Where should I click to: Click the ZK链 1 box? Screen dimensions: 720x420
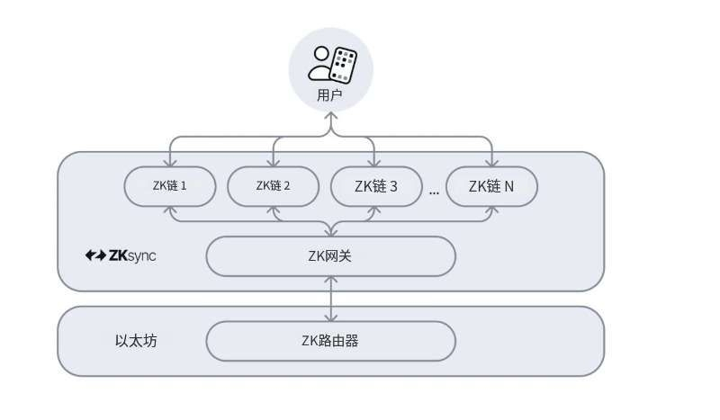click(x=170, y=186)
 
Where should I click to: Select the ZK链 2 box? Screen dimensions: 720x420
click(x=274, y=186)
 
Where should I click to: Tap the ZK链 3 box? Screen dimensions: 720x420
click(x=376, y=186)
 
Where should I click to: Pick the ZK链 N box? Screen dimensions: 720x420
click(x=491, y=186)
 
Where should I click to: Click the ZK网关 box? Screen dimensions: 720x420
click(x=331, y=256)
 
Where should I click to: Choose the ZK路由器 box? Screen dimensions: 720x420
click(x=331, y=341)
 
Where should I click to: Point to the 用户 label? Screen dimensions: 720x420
click(x=329, y=95)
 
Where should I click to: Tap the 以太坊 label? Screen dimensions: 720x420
click(x=136, y=341)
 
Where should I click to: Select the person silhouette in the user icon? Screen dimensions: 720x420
click(x=321, y=63)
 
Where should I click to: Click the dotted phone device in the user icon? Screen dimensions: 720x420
click(x=343, y=66)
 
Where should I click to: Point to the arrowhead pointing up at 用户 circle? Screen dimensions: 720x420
click(x=330, y=116)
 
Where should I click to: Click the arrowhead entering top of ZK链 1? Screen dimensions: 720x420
click(x=170, y=163)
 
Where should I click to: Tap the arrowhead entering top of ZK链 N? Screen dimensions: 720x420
click(x=492, y=163)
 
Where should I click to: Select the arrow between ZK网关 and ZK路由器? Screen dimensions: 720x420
click(x=331, y=299)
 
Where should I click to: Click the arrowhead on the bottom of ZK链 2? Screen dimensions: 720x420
click(x=274, y=210)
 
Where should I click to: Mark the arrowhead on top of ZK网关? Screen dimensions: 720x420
click(x=331, y=232)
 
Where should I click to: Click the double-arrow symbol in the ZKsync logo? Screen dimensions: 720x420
click(x=95, y=255)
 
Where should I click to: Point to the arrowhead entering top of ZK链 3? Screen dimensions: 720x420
click(x=374, y=163)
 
